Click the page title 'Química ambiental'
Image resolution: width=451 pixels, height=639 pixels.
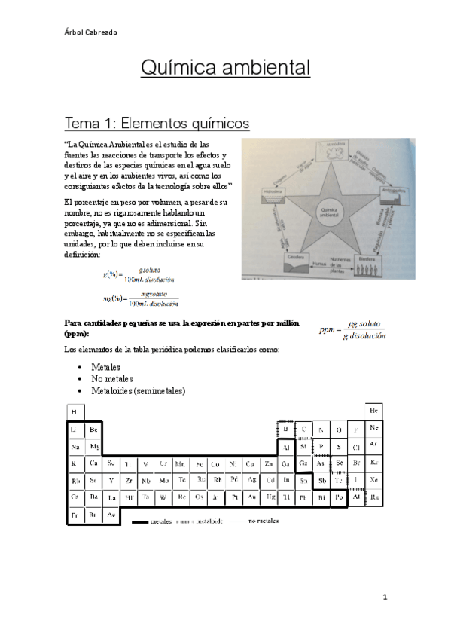click(225, 69)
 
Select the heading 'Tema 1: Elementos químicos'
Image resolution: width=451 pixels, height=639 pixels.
click(157, 122)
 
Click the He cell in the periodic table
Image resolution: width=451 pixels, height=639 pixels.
click(374, 411)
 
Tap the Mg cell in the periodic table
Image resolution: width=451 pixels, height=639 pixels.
click(94, 446)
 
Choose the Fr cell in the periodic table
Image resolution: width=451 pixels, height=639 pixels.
click(75, 515)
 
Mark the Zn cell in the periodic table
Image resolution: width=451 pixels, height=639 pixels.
click(268, 463)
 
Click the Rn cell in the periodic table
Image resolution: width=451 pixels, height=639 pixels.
click(374, 497)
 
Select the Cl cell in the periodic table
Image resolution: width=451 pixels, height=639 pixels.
click(357, 446)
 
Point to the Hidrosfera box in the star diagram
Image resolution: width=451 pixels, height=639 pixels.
click(269, 197)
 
